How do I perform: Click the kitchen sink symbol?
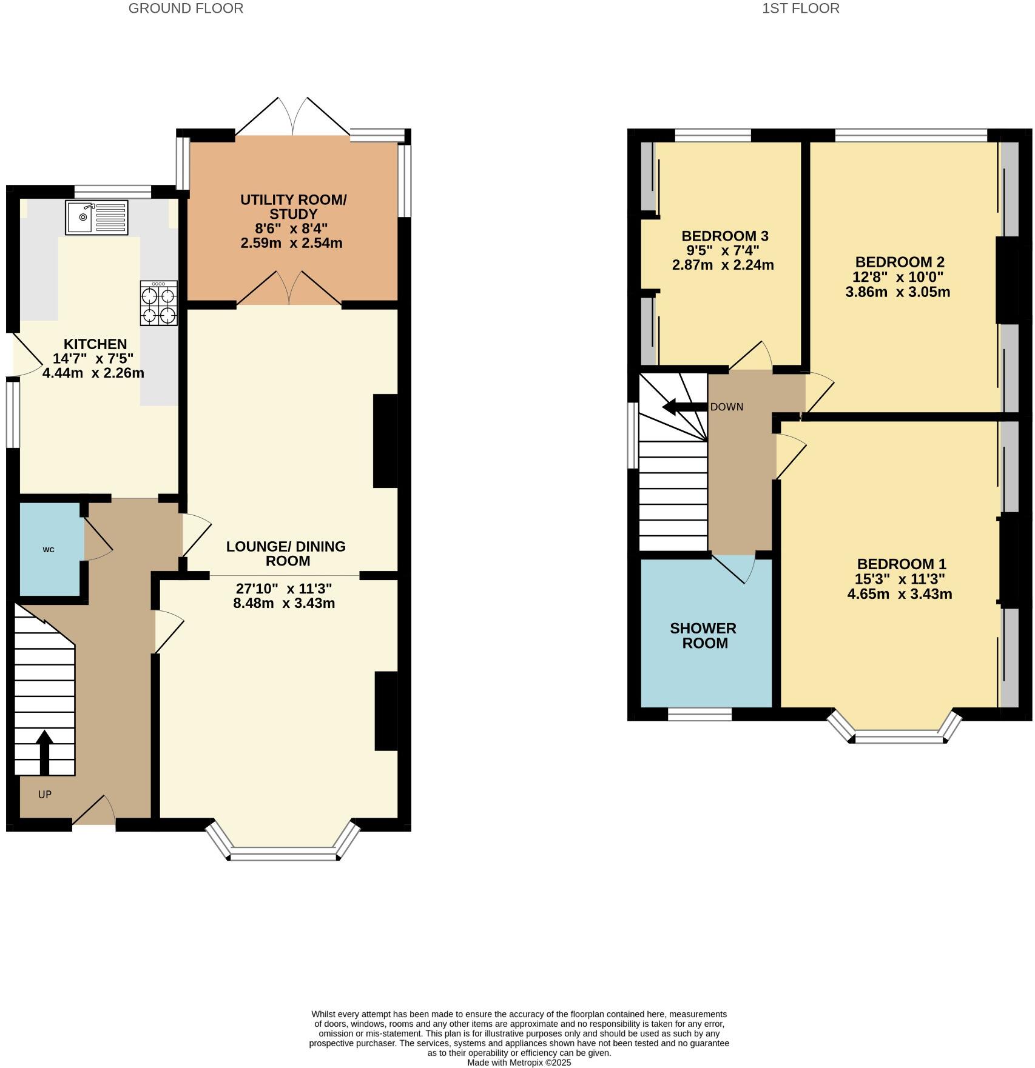point(96,217)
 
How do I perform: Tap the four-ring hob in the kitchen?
point(158,303)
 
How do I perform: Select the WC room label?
point(49,550)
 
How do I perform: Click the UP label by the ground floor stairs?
point(45,794)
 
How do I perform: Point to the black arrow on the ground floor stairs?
point(44,752)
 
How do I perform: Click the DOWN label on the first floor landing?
point(726,407)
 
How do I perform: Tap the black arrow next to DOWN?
point(684,407)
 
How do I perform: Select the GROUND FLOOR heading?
point(186,8)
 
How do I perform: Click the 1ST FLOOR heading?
point(801,8)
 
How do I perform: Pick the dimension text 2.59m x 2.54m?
point(291,244)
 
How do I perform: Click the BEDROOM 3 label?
point(724,236)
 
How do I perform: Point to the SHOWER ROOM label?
point(703,635)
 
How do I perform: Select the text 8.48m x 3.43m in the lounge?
point(284,603)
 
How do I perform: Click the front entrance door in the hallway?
point(94,811)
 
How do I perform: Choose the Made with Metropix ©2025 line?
point(519,1062)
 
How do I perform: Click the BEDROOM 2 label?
point(899,262)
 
